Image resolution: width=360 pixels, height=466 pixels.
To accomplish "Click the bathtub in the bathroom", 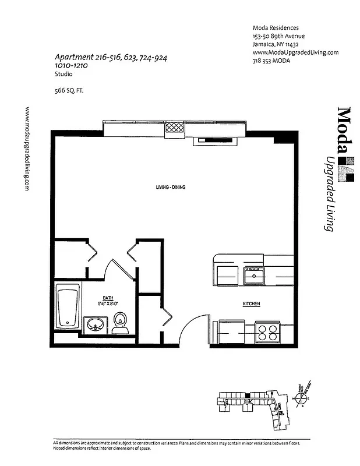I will coord(67,307).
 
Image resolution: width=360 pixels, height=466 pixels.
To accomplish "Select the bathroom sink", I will coord(95,323).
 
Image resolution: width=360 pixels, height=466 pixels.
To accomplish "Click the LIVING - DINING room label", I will coord(170,187).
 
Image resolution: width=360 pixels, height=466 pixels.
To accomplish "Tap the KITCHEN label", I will coord(251,304).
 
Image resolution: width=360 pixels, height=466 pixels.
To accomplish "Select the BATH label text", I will coord(108,297).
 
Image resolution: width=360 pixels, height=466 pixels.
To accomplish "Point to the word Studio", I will coord(63,75).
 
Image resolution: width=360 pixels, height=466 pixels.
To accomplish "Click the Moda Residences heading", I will coord(276,27).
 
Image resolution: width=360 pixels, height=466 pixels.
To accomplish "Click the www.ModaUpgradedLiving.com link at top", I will coord(295,52).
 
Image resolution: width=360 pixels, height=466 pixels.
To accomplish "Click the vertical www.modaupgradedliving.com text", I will coord(28,148).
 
